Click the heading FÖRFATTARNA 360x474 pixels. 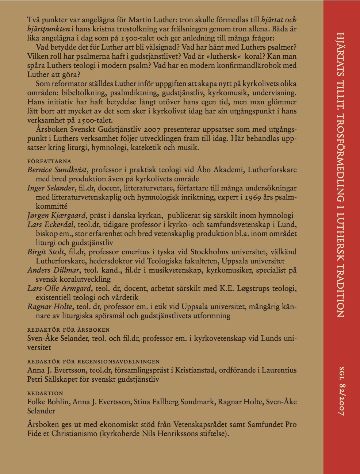point(49,161)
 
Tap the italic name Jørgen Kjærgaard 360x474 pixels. point(57,215)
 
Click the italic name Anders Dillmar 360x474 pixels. point(53,270)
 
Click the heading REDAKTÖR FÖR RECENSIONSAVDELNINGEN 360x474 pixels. point(93,362)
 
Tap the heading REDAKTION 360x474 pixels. point(45,393)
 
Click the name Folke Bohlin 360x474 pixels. point(48,402)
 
